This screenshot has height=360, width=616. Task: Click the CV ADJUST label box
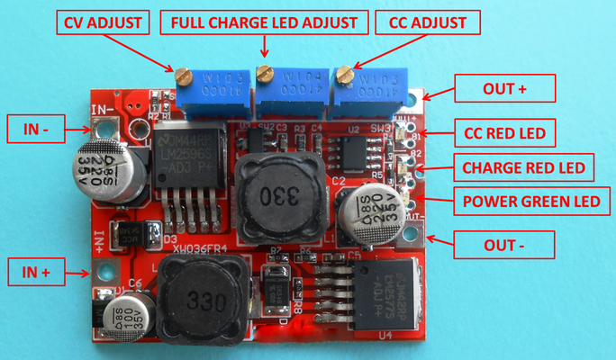click(x=104, y=22)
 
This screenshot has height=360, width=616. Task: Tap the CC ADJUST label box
click(x=427, y=22)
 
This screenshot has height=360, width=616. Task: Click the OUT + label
click(x=492, y=89)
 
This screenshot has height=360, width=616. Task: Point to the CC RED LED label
click(x=504, y=134)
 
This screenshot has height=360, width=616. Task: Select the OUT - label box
click(x=492, y=242)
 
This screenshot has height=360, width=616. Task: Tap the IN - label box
click(x=37, y=129)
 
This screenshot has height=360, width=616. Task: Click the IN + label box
click(x=37, y=270)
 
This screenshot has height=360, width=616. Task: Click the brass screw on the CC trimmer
click(x=347, y=76)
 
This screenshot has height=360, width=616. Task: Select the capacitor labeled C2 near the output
click(x=368, y=214)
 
